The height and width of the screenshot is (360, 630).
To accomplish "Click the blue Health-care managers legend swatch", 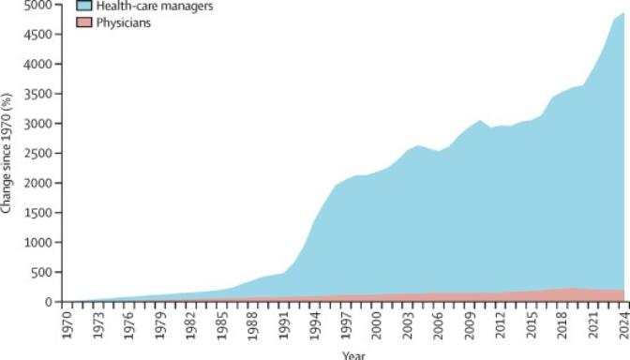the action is (x=84, y=6).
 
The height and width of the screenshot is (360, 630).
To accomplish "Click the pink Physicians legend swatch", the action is (x=84, y=22).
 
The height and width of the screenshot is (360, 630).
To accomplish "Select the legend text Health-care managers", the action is (x=155, y=6).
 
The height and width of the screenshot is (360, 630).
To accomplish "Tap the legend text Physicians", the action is (x=124, y=22).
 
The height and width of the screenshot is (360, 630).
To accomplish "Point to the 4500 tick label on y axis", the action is (x=39, y=34).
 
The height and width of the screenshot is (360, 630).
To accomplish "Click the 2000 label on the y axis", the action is (x=39, y=183).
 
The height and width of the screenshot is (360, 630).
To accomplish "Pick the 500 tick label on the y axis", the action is (x=42, y=272).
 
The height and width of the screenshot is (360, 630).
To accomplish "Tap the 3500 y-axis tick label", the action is (x=39, y=94).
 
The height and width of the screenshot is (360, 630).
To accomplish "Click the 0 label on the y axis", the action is (x=50, y=302).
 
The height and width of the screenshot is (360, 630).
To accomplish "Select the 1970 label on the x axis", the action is (x=67, y=324).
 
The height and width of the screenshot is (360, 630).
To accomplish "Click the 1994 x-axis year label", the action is (x=315, y=324).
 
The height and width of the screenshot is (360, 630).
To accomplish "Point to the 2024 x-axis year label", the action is (x=624, y=324).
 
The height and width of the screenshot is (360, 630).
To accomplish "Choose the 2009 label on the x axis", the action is (x=470, y=324).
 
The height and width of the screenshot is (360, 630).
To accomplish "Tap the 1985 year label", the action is (x=222, y=324).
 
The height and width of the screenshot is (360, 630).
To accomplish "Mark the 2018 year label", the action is (x=562, y=324).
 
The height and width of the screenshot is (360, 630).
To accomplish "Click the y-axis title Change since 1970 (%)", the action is (x=6, y=154).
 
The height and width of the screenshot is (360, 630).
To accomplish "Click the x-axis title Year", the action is (x=353, y=355).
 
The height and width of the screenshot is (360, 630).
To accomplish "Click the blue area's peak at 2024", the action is (x=623, y=12).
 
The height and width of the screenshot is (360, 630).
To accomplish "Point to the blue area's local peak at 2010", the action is (x=480, y=120).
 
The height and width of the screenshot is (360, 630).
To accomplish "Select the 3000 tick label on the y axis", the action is (x=39, y=124).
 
